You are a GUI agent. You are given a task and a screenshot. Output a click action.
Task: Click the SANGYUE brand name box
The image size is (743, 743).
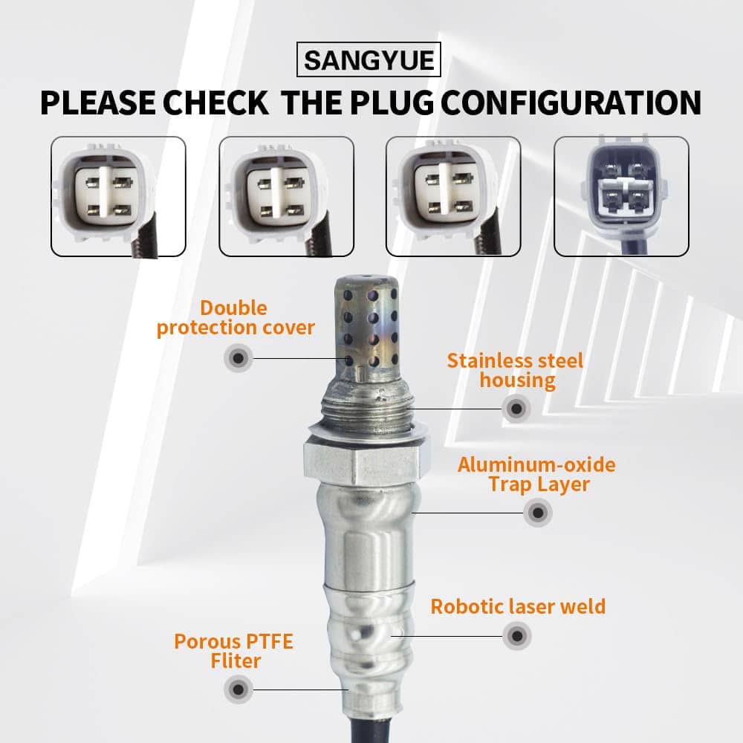click(369, 59)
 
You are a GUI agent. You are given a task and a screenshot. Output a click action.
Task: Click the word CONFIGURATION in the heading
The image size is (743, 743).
click(571, 103)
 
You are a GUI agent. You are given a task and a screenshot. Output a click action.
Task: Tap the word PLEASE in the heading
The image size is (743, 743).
click(97, 103)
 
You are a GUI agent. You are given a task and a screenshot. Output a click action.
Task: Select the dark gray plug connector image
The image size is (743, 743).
click(621, 196)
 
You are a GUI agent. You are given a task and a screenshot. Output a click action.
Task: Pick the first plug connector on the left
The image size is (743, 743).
click(118, 196)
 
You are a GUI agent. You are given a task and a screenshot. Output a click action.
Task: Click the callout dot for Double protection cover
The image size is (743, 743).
click(239, 358)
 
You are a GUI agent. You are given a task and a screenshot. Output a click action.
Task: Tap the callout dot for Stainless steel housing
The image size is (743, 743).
click(516, 409)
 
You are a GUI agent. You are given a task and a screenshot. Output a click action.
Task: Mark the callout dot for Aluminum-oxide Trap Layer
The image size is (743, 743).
click(538, 512)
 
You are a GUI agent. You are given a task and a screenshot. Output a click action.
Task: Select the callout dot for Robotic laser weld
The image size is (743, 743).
click(517, 636)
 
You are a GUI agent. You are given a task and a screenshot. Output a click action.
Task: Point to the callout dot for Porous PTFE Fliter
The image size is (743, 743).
click(239, 690)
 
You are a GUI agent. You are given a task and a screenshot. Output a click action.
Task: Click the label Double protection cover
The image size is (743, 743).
click(236, 318)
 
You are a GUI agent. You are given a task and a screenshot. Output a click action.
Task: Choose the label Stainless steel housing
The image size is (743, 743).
click(516, 371)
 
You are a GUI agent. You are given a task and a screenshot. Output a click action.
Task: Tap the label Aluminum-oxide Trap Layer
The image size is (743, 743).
click(537, 474)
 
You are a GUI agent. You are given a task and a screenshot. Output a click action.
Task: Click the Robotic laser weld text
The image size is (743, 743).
click(518, 606)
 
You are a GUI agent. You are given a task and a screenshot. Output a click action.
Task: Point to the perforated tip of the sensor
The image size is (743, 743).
click(366, 327)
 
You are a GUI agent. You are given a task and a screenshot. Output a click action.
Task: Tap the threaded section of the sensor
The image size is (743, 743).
click(366, 407)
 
